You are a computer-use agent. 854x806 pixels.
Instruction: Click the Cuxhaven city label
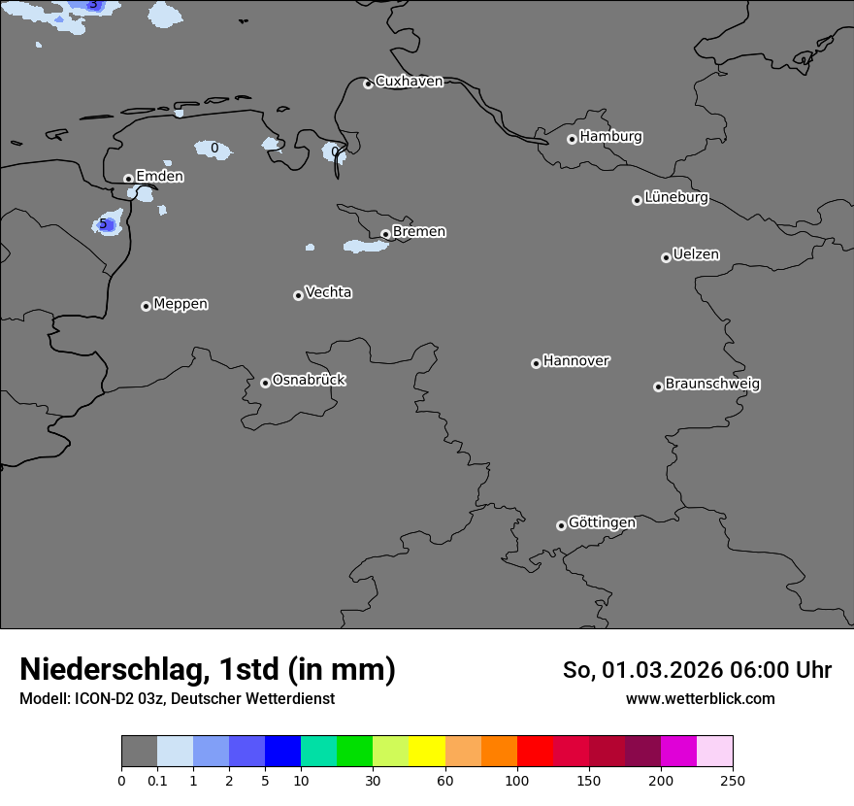[409, 82]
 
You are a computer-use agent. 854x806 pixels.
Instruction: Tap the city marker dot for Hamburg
[572, 139]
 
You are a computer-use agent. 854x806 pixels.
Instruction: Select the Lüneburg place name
[676, 198]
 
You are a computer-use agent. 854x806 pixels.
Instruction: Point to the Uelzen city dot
[666, 257]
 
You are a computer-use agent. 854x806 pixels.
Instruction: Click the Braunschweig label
[712, 385]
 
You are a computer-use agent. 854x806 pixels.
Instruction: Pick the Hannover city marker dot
[536, 363]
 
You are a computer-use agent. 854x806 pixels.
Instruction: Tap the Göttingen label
[602, 523]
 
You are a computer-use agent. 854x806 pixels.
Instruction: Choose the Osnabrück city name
[309, 381]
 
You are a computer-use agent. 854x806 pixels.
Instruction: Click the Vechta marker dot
[298, 295]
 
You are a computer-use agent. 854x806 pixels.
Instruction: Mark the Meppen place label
[181, 305]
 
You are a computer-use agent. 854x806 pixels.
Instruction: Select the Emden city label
[159, 177]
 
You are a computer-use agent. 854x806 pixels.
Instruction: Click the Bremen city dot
[385, 234]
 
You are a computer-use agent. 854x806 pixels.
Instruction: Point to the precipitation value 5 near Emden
[103, 224]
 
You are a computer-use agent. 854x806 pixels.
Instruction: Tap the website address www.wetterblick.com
[700, 699]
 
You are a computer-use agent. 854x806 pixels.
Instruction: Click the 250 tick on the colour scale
[733, 780]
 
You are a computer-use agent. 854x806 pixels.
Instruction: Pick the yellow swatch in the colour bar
[427, 752]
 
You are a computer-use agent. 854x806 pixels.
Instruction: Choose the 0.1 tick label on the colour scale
[157, 780]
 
